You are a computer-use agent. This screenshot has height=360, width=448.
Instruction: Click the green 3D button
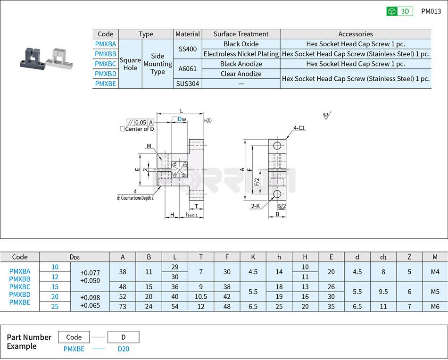coord(399,11)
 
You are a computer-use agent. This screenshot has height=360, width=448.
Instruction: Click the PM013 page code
coord(431,11)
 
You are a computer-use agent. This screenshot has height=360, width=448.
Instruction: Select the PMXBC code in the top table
coord(106,64)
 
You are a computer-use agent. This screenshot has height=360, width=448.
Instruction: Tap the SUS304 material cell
coord(188,84)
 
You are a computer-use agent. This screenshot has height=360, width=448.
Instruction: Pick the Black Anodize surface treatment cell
coord(241,64)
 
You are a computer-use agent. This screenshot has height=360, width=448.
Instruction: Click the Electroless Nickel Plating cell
coord(241,54)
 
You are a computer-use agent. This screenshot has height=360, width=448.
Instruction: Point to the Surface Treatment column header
coord(241,34)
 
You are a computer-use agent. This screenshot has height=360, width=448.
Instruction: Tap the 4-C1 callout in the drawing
coord(299,128)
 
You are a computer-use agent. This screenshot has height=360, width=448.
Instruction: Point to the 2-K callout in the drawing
coord(255,206)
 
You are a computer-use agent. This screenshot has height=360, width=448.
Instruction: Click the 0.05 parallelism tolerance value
coord(141,122)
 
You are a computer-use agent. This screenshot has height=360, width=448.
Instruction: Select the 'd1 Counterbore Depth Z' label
coord(135,198)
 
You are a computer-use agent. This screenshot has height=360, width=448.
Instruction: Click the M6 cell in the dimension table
coord(434,306)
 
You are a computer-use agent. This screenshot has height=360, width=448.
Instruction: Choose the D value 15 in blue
coord(55,286)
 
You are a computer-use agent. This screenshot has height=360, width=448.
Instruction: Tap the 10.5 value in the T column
coord(201,296)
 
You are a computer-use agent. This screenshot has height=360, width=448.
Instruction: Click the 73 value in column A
coord(123,306)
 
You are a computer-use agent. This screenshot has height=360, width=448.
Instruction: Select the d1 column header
coord(383,257)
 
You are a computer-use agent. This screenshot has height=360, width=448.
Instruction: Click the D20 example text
coord(123,349)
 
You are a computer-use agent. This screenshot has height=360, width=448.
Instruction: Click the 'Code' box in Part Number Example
coord(74,337)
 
